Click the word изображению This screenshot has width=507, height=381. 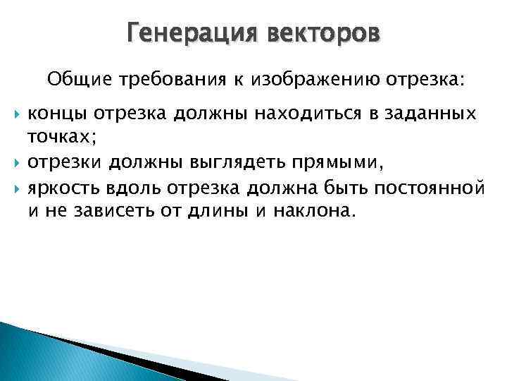point(309,80)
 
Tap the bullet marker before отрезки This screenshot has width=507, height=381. point(18,164)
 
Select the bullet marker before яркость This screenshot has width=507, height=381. point(18,189)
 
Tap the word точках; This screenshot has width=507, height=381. point(61,139)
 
